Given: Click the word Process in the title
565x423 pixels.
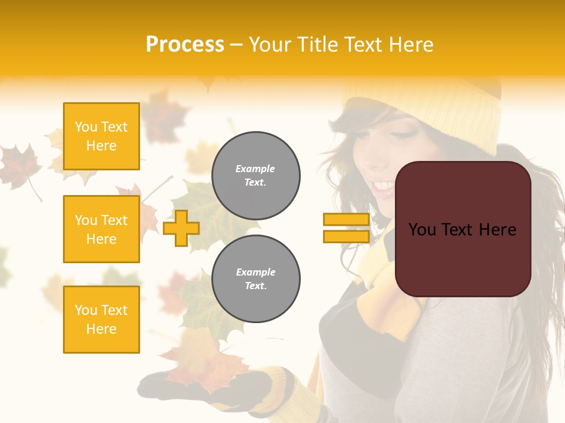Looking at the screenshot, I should click(x=185, y=45).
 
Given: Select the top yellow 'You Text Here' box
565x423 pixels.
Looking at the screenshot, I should click(x=101, y=136).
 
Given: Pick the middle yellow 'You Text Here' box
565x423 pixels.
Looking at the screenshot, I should click(x=101, y=229).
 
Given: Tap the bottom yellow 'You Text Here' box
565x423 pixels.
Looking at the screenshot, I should click(x=101, y=320).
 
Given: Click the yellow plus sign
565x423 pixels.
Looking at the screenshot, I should click(x=181, y=228).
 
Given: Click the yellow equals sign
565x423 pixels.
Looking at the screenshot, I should click(x=346, y=228).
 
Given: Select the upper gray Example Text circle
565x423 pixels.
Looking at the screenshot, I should click(x=255, y=176).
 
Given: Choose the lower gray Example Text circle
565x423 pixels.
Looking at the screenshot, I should click(x=255, y=279).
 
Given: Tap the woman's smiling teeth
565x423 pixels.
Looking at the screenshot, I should click(x=384, y=187).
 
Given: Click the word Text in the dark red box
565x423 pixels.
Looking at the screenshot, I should click(x=462, y=230).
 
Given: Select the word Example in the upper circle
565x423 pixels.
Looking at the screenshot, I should click(x=255, y=169).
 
